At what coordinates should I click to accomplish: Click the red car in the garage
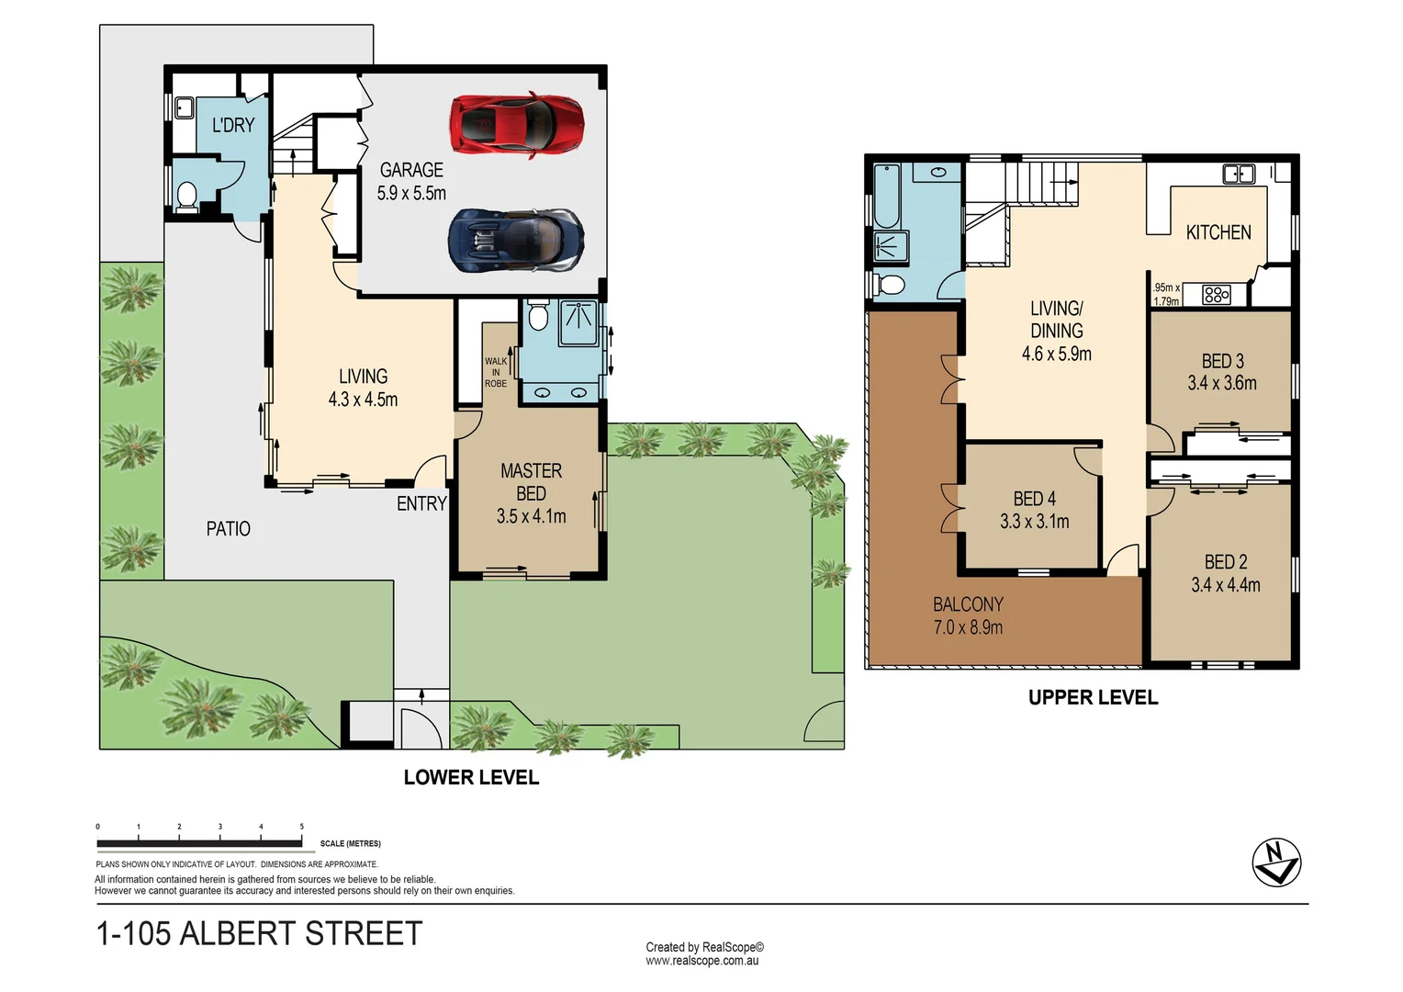(x=516, y=125)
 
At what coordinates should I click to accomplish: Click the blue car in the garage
(x=516, y=241)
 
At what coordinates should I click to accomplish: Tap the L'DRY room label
(x=233, y=125)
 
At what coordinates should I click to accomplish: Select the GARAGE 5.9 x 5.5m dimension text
(x=411, y=194)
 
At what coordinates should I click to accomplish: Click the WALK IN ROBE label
(x=496, y=372)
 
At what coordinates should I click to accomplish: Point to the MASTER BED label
(x=531, y=481)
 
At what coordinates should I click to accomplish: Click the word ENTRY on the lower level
(x=421, y=503)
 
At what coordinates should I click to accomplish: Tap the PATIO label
(x=228, y=529)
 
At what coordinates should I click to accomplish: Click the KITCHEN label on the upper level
(x=1218, y=232)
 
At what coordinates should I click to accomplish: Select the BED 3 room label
(x=1222, y=361)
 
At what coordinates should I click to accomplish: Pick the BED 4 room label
(x=1034, y=499)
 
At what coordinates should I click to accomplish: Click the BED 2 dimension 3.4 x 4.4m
(x=1225, y=585)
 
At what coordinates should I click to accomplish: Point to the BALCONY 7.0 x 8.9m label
(x=968, y=615)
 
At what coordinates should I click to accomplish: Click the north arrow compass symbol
(x=1276, y=862)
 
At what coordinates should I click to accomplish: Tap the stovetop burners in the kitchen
(x=1216, y=295)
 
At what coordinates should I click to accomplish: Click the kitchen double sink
(x=1238, y=174)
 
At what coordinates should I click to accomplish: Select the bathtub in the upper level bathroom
(x=887, y=195)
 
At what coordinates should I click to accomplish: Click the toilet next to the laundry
(x=187, y=196)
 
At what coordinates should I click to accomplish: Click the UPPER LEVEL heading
(x=1093, y=697)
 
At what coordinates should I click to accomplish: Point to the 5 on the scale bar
(x=301, y=827)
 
